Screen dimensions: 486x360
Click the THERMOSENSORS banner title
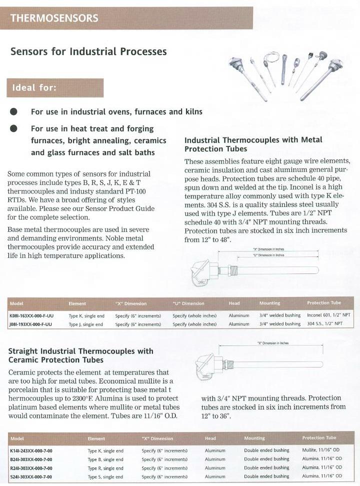54,18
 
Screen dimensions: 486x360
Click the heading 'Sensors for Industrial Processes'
88,51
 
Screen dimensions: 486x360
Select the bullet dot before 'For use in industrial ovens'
14,111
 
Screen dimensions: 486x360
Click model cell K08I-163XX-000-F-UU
33,316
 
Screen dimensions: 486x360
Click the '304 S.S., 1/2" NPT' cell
324,324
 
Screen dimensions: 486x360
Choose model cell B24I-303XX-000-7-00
31,459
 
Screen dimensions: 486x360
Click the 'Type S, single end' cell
105,476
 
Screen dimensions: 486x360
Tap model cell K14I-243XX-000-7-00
31,450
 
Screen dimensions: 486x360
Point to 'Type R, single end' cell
105,468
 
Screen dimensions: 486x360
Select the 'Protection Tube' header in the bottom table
319,438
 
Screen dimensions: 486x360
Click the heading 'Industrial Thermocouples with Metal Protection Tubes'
253,144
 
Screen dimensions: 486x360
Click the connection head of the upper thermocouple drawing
199,270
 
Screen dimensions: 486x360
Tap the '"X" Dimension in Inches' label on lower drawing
273,343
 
